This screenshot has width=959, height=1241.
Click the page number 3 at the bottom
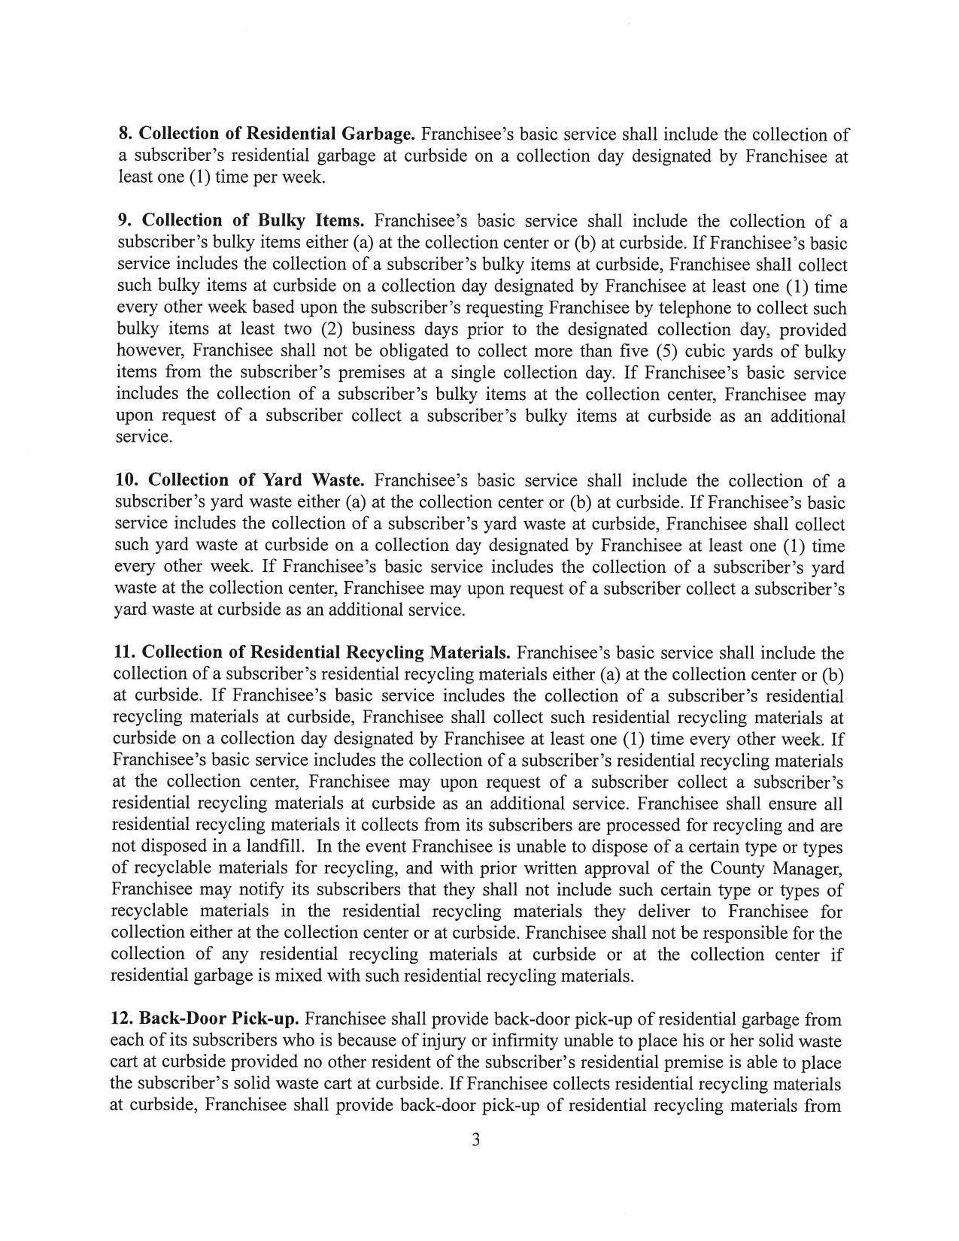pyautogui.click(x=475, y=1140)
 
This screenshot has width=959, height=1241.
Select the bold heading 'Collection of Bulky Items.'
pyautogui.click(x=253, y=220)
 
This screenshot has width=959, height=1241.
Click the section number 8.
pyautogui.click(x=126, y=134)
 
